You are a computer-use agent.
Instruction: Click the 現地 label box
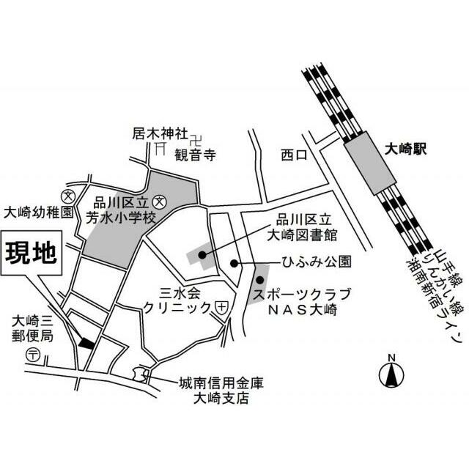[x=31, y=254]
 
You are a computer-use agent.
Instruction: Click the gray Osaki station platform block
[x=368, y=166]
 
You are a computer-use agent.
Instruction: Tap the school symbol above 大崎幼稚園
[x=69, y=196]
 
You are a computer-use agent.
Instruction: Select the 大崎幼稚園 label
[x=39, y=213]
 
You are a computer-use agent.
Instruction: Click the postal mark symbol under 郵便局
[x=33, y=355]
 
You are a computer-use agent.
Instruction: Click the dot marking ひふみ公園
[x=234, y=263]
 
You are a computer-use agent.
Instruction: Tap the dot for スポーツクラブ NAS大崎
[x=259, y=279]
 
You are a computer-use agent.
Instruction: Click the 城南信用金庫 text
[x=220, y=383]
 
